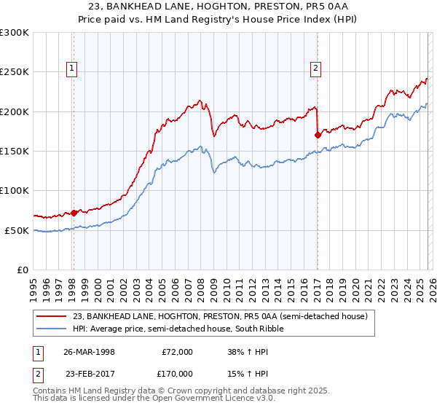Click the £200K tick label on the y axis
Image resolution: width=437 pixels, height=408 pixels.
coord(15,111)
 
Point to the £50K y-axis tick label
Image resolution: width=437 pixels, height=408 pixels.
coord(17,230)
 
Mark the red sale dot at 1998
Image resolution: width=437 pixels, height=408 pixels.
coord(74,213)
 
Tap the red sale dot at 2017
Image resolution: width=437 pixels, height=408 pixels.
coord(318,135)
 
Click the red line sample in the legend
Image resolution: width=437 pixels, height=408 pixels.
coord(52,316)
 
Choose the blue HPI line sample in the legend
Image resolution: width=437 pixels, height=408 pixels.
coord(52,329)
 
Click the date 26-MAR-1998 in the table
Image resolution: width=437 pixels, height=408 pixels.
coord(91,351)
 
